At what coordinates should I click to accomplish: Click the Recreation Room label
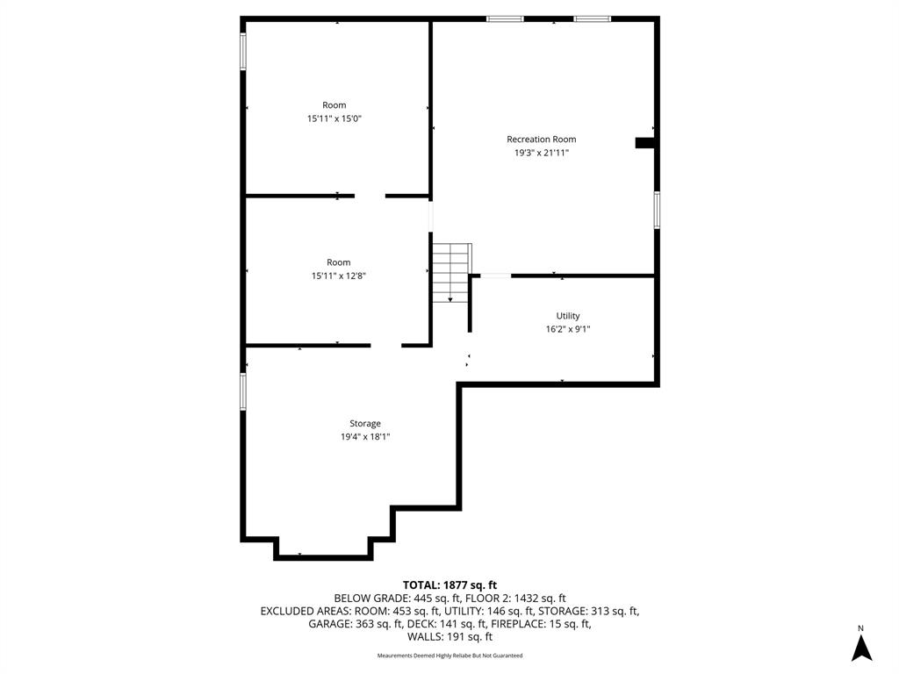541,140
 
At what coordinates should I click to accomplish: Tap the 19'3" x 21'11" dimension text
541,153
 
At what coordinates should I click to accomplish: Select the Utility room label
568,316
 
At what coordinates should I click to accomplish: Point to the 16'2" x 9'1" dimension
568,329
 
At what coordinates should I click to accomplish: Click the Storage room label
365,424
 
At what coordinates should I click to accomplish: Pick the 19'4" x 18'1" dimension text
365,437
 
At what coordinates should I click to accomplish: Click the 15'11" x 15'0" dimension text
334,118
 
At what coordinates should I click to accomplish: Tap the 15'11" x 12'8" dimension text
338,276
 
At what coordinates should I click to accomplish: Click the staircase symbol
452,273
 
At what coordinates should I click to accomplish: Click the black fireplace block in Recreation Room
644,143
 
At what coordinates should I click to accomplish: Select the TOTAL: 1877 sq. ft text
449,585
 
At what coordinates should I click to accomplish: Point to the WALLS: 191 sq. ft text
449,637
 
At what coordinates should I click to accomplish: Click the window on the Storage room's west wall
243,392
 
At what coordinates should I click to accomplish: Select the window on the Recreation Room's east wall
657,211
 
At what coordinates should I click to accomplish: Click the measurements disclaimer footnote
449,656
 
